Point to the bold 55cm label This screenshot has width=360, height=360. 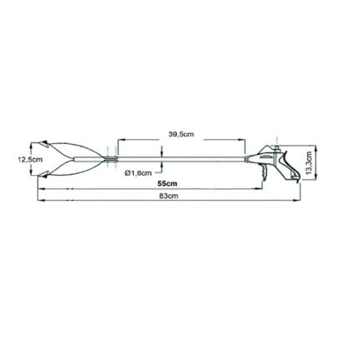166,183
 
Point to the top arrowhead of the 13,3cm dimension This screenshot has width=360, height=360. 306,145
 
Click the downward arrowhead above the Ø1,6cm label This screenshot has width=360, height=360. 161,153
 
